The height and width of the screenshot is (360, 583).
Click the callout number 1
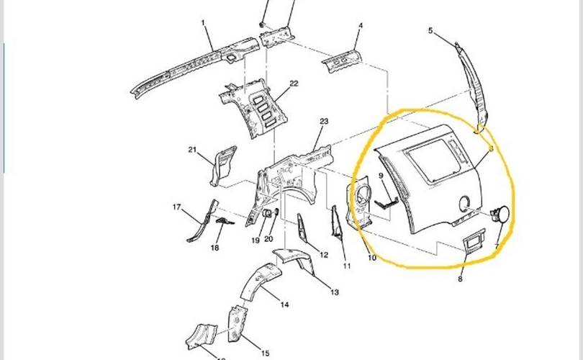204,23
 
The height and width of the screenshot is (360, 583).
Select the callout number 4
361,26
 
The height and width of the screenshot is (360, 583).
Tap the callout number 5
430,31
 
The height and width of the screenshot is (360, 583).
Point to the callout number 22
294,84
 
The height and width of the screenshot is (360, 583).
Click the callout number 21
192,150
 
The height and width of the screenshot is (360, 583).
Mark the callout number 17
176,207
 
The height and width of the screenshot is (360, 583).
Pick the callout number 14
284,305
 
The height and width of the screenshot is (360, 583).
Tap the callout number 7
497,246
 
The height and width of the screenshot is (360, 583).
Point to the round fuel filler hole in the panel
464,202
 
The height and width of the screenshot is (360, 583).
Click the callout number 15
265,353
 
